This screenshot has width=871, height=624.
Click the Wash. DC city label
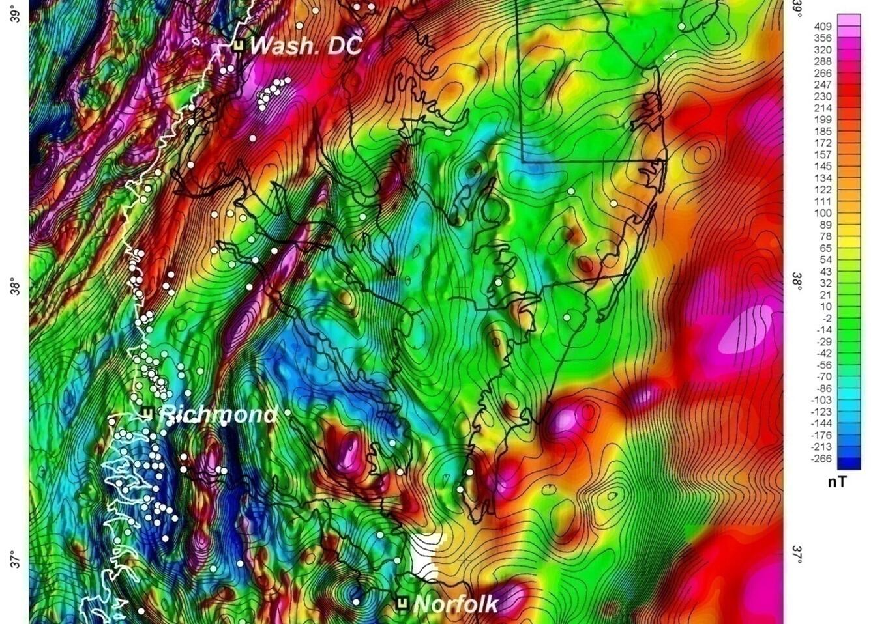pyautogui.click(x=306, y=46)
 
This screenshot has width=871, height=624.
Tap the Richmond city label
pyautogui.click(x=218, y=414)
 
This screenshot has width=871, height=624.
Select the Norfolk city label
pyautogui.click(x=456, y=604)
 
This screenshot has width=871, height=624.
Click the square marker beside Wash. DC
pyautogui.click(x=239, y=46)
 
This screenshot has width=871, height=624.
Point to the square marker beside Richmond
pyautogui.click(x=147, y=413)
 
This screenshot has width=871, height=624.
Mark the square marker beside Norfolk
pyautogui.click(x=403, y=603)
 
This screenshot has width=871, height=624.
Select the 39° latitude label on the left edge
pyautogui.click(x=15, y=12)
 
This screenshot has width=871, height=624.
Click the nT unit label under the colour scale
pyautogui.click(x=837, y=482)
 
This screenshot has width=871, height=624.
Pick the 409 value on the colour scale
pyautogui.click(x=823, y=26)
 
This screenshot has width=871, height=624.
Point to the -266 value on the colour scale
pyautogui.click(x=821, y=459)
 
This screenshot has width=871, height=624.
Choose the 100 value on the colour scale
pyautogui.click(x=823, y=213)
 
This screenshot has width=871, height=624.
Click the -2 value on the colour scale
pyautogui.click(x=825, y=319)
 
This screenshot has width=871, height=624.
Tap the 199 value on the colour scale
pyautogui.click(x=823, y=119)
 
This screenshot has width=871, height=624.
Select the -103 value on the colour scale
pyautogui.click(x=821, y=400)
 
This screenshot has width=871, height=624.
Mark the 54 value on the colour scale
pyautogui.click(x=825, y=260)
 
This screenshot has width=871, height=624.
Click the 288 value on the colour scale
pyautogui.click(x=823, y=61)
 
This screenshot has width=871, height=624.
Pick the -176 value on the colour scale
pyautogui.click(x=821, y=435)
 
